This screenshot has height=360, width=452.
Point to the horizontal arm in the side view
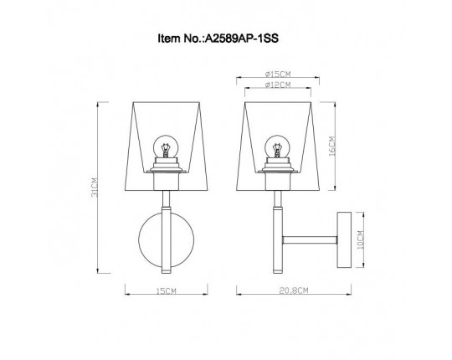tap(310, 239)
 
